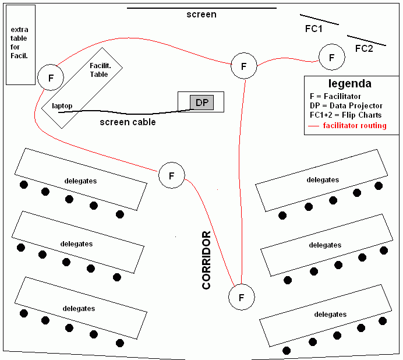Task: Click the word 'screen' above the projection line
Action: pos(201,15)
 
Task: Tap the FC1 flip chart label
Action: pos(314,29)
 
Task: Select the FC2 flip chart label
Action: pos(364,48)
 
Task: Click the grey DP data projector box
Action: pos(201,103)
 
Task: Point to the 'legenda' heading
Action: pos(349,83)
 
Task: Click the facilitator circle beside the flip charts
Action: pos(332,58)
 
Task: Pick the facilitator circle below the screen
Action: pos(243,65)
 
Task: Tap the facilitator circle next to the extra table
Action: pos(51,77)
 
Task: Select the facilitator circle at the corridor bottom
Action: pos(242,297)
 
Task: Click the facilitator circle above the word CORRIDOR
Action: pos(171,175)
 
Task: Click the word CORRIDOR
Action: pos(206,260)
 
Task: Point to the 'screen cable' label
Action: pos(128,122)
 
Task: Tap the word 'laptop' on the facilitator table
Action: pos(62,106)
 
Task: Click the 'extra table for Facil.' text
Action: pos(20,42)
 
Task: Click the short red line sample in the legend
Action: pos(314,126)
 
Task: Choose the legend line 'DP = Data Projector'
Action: pos(346,105)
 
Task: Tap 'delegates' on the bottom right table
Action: pos(330,315)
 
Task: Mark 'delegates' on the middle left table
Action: pos(76,243)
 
